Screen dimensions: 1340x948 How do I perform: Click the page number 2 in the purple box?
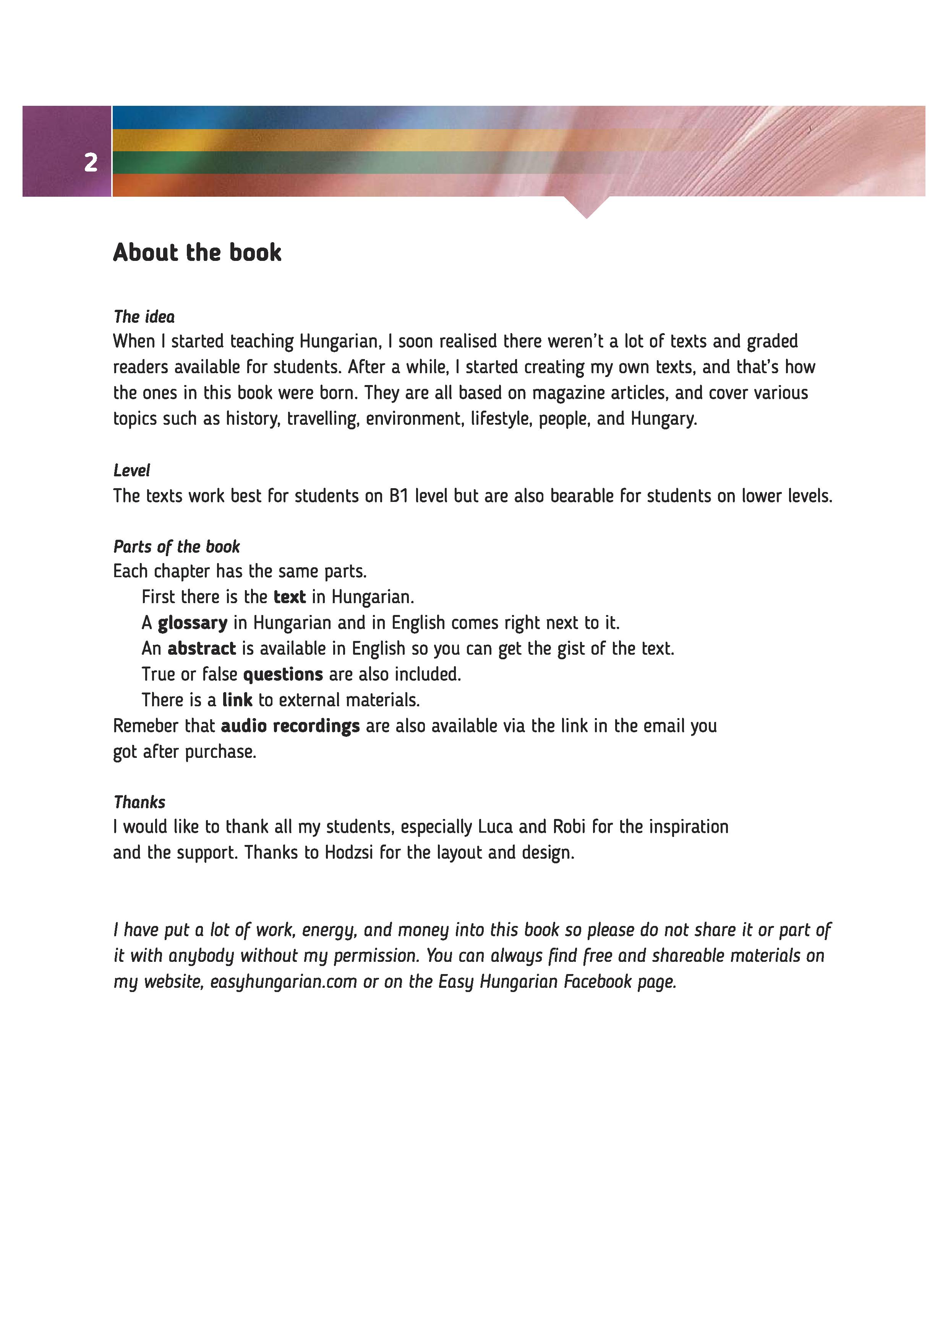click(x=91, y=162)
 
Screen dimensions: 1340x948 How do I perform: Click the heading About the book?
click(x=197, y=253)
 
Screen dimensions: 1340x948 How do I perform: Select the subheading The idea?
click(x=144, y=317)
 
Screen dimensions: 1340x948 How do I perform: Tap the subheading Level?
click(x=131, y=470)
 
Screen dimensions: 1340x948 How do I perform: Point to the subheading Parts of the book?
click(x=176, y=547)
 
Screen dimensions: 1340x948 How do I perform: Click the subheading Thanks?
click(x=139, y=803)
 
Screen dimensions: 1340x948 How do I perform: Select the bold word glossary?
click(x=193, y=623)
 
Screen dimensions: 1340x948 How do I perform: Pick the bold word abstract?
click(x=201, y=649)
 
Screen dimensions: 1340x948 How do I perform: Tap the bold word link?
click(x=237, y=700)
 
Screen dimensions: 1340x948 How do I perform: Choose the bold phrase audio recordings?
click(x=290, y=726)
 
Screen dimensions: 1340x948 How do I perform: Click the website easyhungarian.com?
click(x=283, y=982)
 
